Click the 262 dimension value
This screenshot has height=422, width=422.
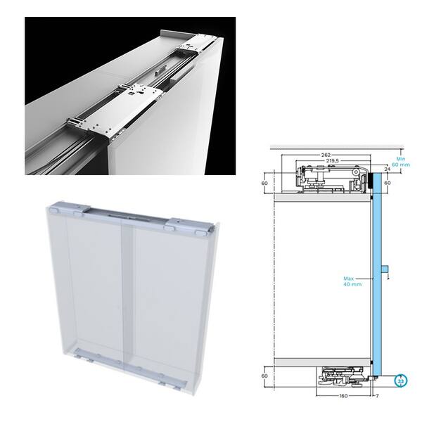click(326, 155)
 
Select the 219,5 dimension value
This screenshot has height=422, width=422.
click(333, 160)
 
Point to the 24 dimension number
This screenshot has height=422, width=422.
click(387, 170)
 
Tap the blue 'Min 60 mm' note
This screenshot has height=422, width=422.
click(401, 162)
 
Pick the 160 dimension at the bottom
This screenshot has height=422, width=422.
click(343, 395)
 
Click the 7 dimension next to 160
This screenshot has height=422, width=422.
click(377, 395)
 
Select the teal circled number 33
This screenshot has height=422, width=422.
click(401, 381)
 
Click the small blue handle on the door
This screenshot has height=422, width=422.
click(385, 269)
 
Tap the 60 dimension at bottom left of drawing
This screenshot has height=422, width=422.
click(264, 376)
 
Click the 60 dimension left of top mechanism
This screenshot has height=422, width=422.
click(264, 183)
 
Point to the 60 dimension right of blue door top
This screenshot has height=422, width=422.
click(388, 183)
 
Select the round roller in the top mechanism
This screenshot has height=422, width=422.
click(357, 172)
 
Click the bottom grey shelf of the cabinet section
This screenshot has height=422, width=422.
click(322, 362)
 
